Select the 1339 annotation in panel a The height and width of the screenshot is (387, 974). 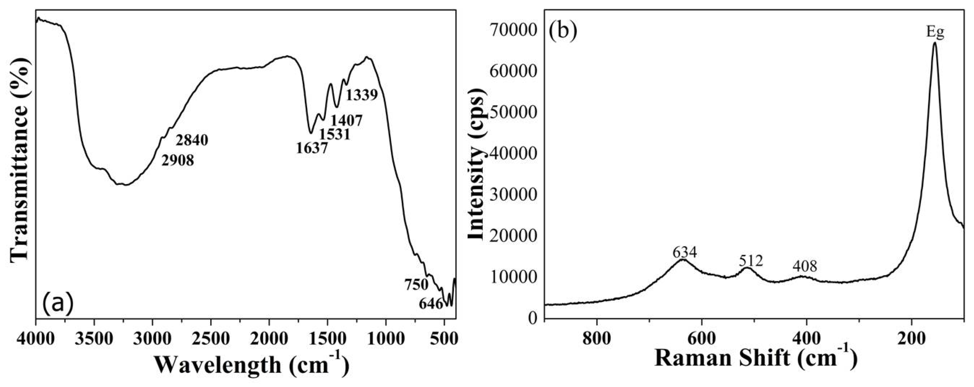(362, 95)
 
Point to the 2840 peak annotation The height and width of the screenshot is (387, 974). (192, 141)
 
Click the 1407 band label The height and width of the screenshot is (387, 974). (346, 121)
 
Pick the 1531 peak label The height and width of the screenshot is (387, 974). (334, 134)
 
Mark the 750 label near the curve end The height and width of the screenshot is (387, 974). (416, 285)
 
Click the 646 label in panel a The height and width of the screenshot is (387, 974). (431, 303)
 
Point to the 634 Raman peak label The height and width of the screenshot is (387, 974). (684, 253)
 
